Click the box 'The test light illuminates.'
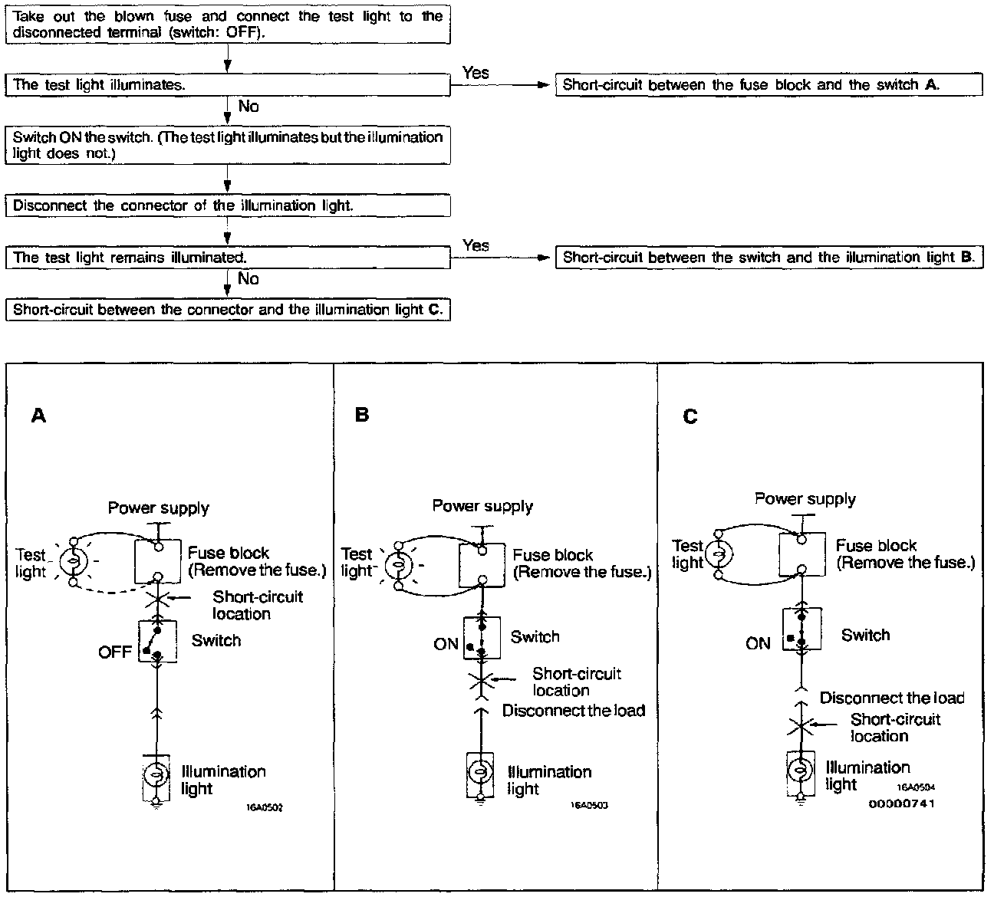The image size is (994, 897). [x=228, y=85]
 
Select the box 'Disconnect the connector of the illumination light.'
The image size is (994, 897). [x=228, y=206]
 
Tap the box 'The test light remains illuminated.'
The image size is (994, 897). [x=228, y=258]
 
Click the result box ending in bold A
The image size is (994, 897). [x=769, y=85]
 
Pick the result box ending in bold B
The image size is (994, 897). [x=769, y=258]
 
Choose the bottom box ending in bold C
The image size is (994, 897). [x=228, y=310]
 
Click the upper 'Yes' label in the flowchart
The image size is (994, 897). [x=476, y=73]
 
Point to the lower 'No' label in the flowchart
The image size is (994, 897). [x=248, y=279]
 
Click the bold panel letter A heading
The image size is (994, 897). [x=38, y=416]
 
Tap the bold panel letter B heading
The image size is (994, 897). [x=362, y=415]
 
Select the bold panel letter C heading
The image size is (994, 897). [x=690, y=416]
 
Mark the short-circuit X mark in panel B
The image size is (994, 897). [x=480, y=680]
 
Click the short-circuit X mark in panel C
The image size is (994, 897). [x=799, y=725]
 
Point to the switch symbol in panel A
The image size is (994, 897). [x=157, y=641]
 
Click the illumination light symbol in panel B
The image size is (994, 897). [x=480, y=771]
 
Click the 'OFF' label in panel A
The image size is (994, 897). [x=115, y=652]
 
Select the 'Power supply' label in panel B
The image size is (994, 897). [x=482, y=506]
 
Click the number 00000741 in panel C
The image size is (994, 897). [x=901, y=803]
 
